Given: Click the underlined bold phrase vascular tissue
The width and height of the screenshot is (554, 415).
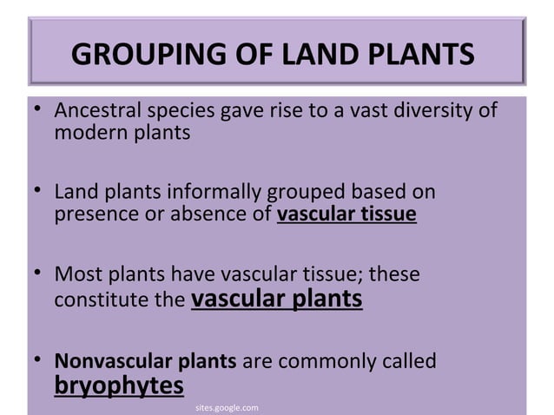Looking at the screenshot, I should pyautogui.click(x=346, y=214).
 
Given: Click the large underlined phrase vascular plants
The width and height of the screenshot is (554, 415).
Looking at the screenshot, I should pyautogui.click(x=275, y=300).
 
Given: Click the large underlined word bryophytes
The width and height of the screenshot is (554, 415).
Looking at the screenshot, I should pyautogui.click(x=119, y=384).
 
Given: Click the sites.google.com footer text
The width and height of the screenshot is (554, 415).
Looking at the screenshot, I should pyautogui.click(x=224, y=405).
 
